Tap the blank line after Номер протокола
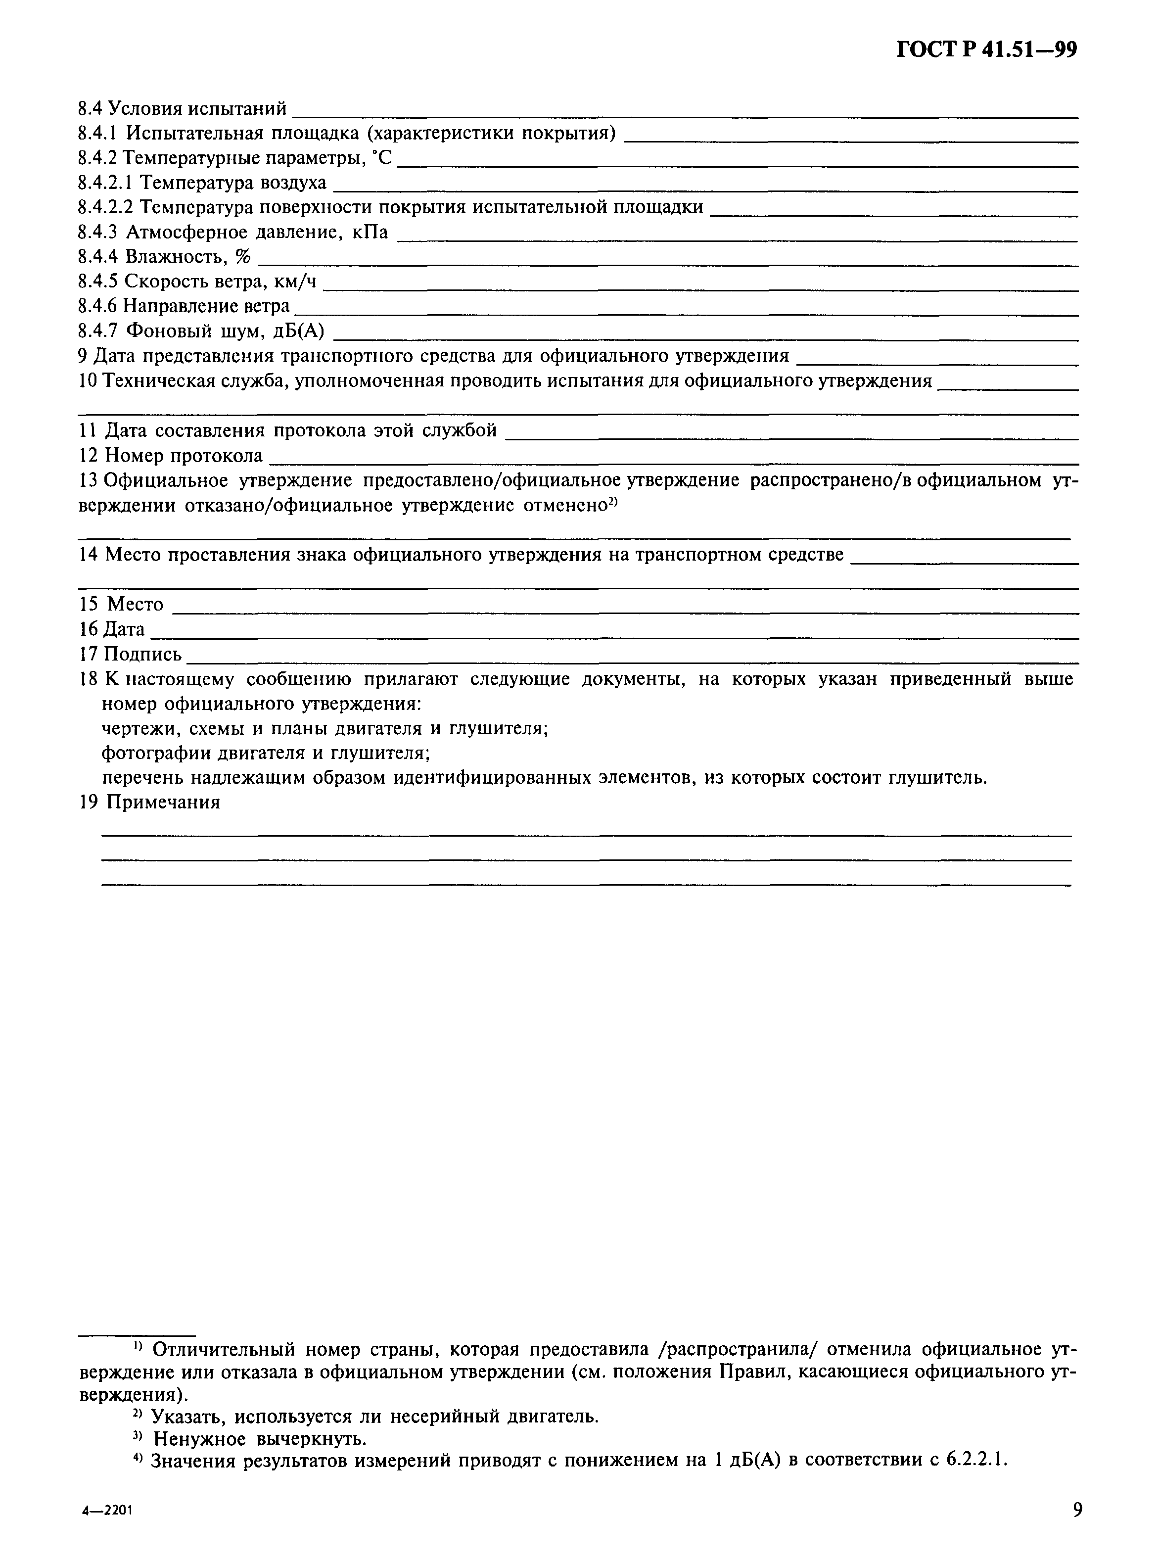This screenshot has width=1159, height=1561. point(674,462)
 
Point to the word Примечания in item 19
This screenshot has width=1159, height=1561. point(162,803)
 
